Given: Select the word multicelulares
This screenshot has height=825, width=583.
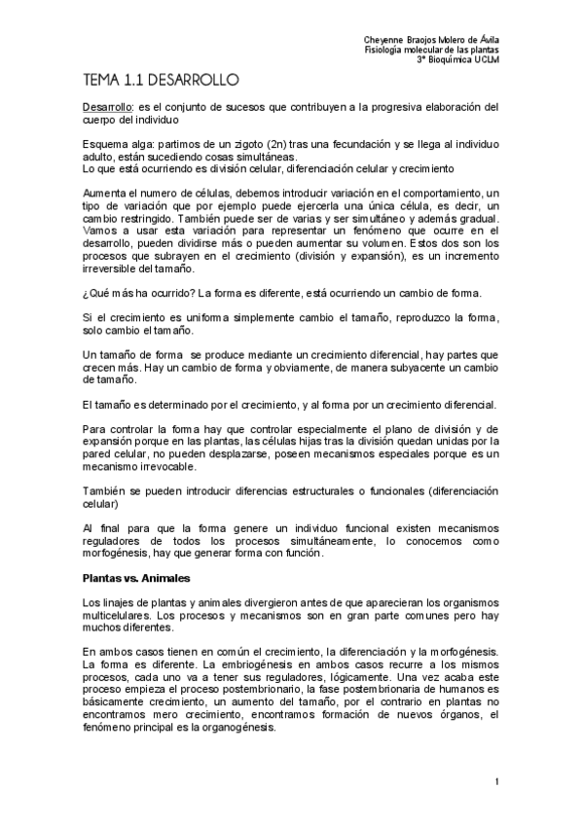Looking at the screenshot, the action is click(116, 615).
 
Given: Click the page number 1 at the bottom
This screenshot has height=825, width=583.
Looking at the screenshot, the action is click(496, 781).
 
